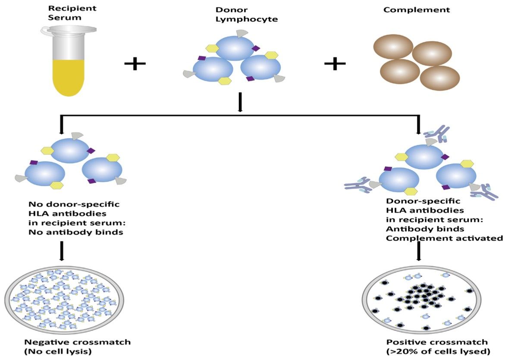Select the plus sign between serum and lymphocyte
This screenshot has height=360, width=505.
pyautogui.click(x=135, y=64)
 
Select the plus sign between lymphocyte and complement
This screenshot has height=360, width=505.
pyautogui.click(x=335, y=64)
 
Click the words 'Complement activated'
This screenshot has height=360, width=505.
pyautogui.click(x=444, y=238)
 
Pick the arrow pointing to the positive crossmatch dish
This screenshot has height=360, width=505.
pyautogui.click(x=418, y=251)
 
